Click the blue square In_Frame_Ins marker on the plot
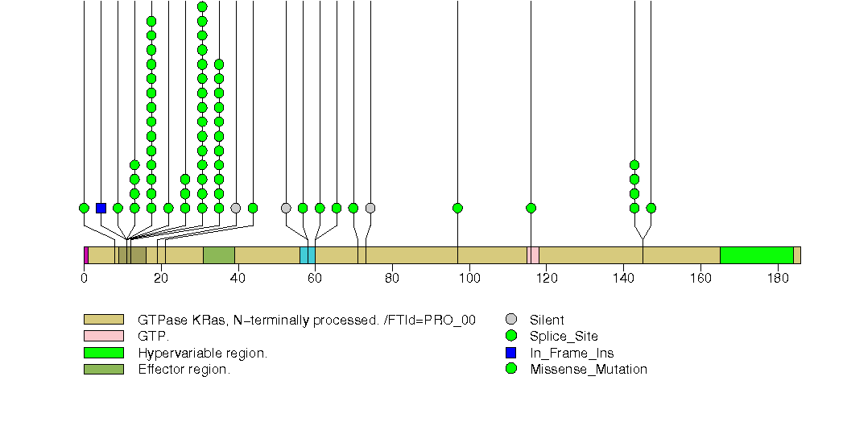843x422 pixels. pos(101,208)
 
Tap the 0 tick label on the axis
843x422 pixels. pos(84,279)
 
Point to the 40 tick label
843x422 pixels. pos(238,279)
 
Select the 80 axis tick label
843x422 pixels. pos(392,279)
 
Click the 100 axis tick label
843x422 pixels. pos(469,279)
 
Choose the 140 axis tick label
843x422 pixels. pos(623,279)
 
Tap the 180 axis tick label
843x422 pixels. pos(778,279)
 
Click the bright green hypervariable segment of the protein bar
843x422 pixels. pos(756,255)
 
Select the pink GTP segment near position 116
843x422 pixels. pos(533,255)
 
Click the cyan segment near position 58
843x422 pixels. pos(307,255)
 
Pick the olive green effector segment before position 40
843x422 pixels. pos(218,255)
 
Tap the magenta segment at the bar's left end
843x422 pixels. pos(86,255)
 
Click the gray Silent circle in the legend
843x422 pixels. pos(510,320)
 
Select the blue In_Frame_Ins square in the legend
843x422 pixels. pos(510,353)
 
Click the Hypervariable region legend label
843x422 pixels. pos(202,353)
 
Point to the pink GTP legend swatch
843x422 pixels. pos(103,336)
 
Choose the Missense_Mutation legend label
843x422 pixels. pos(588,370)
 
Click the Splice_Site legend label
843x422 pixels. pos(564,337)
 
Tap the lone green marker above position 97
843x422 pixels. pos(457,208)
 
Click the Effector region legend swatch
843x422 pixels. pos(103,370)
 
